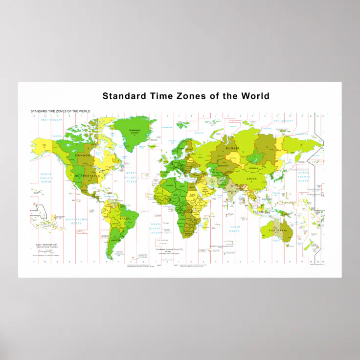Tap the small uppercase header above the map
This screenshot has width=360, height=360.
60,112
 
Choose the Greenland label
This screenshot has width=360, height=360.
134,131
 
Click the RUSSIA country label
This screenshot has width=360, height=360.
232,148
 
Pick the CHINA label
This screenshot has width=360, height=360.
251,179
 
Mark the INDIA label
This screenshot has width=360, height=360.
232,192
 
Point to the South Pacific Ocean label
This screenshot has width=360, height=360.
76,223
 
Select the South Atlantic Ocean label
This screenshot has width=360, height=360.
156,227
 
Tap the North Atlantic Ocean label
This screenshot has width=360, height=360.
132,177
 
